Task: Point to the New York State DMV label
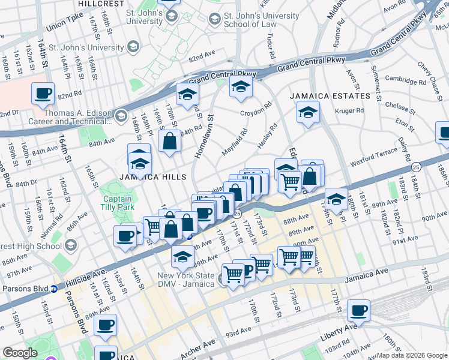pyautogui.click(x=185, y=280)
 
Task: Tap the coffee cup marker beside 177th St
pyautogui.click(x=359, y=310)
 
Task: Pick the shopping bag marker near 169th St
pyautogui.click(x=170, y=141)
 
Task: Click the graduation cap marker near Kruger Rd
pyautogui.click(x=308, y=112)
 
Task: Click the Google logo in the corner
pyautogui.click(x=20, y=353)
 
